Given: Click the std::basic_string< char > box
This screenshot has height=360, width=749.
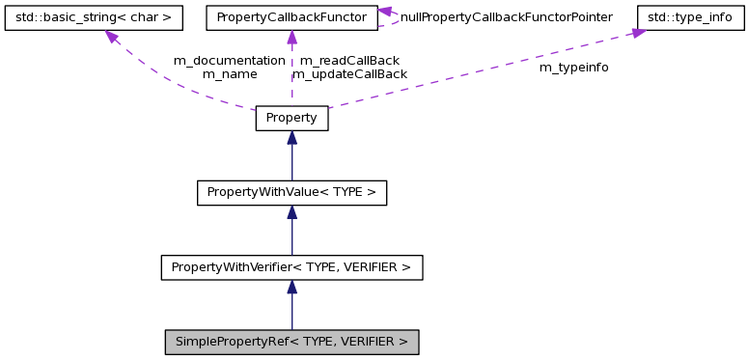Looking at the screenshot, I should click(94, 17).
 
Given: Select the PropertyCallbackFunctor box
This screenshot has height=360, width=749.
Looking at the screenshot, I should click(291, 17).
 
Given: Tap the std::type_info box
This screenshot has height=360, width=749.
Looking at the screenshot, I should click(690, 17).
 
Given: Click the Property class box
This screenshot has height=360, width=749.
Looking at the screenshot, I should click(291, 118).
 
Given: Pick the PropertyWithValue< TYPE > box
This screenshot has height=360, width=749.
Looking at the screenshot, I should click(291, 192).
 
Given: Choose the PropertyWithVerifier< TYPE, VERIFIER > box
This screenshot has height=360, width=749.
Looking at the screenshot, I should click(291, 266).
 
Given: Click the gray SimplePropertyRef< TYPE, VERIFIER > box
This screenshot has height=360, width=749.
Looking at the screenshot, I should click(291, 342).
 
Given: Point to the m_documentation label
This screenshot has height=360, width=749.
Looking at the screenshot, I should click(229, 60).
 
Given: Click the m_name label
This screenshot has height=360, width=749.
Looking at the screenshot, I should click(229, 73).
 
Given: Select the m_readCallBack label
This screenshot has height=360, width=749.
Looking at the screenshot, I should click(349, 60).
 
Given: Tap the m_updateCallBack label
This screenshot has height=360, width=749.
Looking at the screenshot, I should click(349, 73).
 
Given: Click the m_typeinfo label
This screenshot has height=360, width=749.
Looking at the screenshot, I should click(573, 68).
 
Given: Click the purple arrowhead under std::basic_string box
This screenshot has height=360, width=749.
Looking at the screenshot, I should click(112, 37).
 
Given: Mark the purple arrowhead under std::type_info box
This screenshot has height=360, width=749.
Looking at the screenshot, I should click(638, 34).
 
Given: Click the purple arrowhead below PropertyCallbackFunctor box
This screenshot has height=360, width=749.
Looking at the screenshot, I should click(291, 38).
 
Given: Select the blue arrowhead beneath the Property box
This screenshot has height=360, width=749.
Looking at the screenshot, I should click(291, 138).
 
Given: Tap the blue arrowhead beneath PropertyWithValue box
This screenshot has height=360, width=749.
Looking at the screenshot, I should click(291, 212).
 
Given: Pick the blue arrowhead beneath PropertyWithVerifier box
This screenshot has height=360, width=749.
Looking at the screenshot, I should click(291, 287).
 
